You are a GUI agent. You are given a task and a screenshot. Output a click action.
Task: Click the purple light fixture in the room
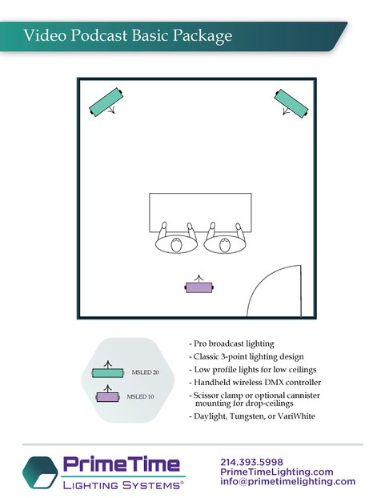pos(199,287)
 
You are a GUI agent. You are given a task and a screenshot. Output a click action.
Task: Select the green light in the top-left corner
pos(106,102)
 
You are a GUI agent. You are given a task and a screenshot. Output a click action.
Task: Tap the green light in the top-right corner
pos(291,103)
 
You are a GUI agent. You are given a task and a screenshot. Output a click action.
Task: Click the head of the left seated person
pos(176,245)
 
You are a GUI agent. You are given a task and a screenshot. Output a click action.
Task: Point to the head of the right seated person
pos(224,245)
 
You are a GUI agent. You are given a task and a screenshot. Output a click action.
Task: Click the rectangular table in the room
pos(200,212)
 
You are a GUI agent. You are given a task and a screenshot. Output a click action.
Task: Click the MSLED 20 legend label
pos(145,372)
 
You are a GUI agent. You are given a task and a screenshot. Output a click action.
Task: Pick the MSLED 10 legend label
pos(140,396)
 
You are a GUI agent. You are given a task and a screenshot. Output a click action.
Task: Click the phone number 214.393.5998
pos(251,462)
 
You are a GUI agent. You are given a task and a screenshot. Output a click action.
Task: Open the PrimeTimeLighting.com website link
pos(277,472)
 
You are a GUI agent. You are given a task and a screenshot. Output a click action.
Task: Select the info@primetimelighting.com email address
pos(288,481)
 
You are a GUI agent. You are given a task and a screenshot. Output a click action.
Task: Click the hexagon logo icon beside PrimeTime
pos(40,472)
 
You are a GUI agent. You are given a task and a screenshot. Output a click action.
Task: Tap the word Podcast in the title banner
pos(98,35)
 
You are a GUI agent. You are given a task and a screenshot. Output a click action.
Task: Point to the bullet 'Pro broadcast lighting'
pos(231,343)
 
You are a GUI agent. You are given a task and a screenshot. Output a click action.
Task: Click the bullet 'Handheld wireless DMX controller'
pos(255,383)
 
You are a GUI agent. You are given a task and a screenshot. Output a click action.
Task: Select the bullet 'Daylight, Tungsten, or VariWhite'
pos(252,416)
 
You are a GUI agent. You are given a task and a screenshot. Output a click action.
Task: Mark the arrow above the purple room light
pos(199,279)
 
